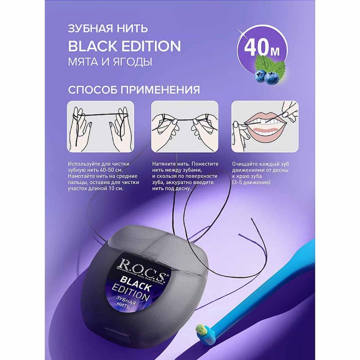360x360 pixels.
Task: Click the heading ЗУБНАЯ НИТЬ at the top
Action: [108, 29]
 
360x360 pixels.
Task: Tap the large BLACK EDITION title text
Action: [124, 46]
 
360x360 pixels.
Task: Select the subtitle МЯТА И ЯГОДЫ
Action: [110, 62]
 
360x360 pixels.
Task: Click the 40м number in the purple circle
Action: [262, 48]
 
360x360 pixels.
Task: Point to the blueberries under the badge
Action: [266, 76]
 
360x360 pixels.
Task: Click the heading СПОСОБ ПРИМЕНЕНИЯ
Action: [134, 89]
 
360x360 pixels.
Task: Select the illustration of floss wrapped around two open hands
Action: [101, 127]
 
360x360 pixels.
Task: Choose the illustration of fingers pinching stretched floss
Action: [185, 127]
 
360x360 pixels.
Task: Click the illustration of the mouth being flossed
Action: [265, 127]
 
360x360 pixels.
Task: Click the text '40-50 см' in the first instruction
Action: [111, 170]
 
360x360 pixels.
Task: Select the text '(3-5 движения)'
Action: [251, 183]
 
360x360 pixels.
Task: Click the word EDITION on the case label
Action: [131, 292]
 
